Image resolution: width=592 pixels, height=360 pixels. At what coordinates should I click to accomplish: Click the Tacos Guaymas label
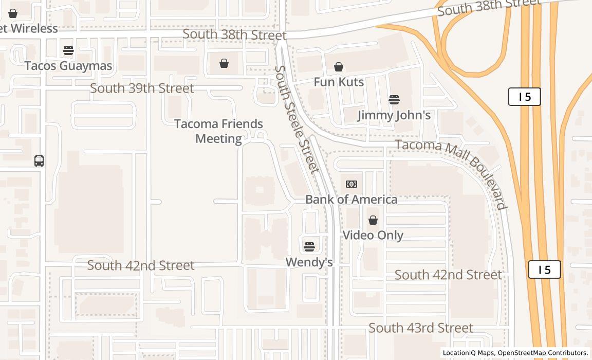click(x=68, y=66)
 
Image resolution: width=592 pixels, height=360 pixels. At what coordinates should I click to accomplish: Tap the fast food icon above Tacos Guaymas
click(x=68, y=50)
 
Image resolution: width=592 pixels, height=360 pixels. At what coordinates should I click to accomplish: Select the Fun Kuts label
click(x=339, y=82)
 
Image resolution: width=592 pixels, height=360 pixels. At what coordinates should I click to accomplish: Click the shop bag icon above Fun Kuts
click(x=339, y=67)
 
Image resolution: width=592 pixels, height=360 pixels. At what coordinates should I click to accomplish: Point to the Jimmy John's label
click(x=394, y=115)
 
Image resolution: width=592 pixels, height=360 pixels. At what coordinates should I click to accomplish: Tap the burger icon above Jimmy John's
click(x=394, y=100)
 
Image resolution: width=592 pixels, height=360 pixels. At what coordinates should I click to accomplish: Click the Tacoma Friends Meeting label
click(x=219, y=131)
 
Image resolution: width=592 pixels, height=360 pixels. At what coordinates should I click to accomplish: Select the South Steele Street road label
click(x=297, y=119)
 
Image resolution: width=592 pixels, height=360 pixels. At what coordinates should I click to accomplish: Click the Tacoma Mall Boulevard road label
click(x=451, y=174)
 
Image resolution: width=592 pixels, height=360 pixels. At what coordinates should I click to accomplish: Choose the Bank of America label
click(x=351, y=200)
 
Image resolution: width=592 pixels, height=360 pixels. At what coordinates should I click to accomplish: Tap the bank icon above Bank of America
click(x=351, y=184)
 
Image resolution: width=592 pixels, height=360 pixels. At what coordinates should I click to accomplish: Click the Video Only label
click(x=373, y=236)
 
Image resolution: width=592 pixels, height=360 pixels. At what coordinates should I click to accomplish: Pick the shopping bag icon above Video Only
click(x=373, y=220)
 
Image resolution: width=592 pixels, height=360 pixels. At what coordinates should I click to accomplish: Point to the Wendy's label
click(x=309, y=262)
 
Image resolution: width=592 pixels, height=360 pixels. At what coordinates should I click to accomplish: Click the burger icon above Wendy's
click(x=309, y=247)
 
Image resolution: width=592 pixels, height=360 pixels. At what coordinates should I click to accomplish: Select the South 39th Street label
click(x=142, y=88)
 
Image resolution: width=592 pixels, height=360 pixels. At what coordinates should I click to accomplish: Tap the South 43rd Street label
click(x=421, y=328)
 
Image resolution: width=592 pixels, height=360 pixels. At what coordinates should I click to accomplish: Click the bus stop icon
click(x=39, y=161)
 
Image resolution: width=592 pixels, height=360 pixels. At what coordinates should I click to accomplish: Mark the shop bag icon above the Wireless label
click(x=13, y=13)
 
